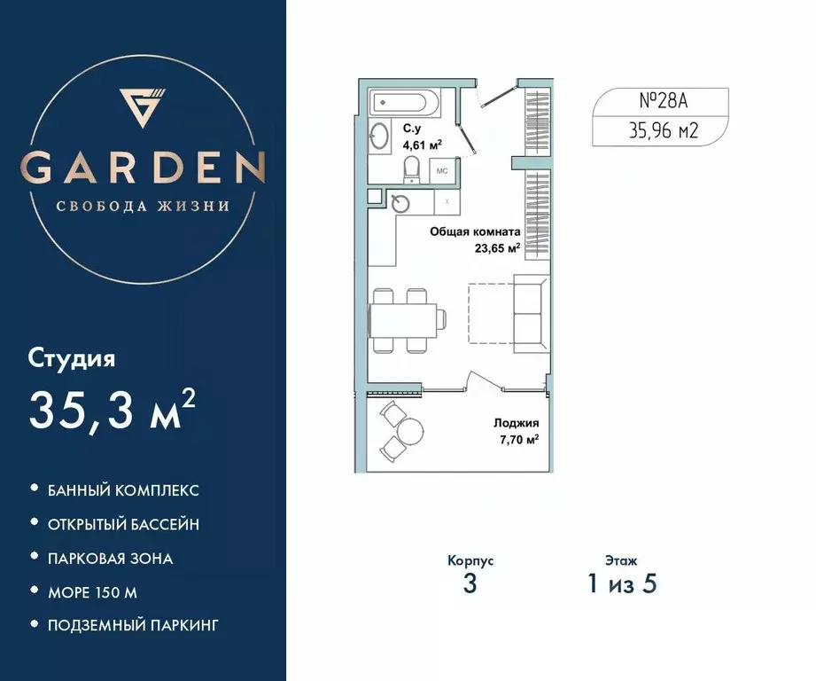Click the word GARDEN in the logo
pyautogui.click(x=143, y=166)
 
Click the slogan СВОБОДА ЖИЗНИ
pyautogui.click(x=143, y=206)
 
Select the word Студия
pyautogui.click(x=73, y=359)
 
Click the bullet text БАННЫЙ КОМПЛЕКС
pyautogui.click(x=123, y=490)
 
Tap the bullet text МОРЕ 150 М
pyautogui.click(x=92, y=591)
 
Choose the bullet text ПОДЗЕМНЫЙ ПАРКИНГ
pyautogui.click(x=133, y=625)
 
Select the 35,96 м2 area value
pyautogui.click(x=660, y=132)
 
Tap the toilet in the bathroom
pyautogui.click(x=412, y=167)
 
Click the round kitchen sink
pyautogui.click(x=401, y=204)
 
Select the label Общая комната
pyautogui.click(x=474, y=231)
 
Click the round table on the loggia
pyautogui.click(x=410, y=432)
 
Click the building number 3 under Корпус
pyautogui.click(x=470, y=584)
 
